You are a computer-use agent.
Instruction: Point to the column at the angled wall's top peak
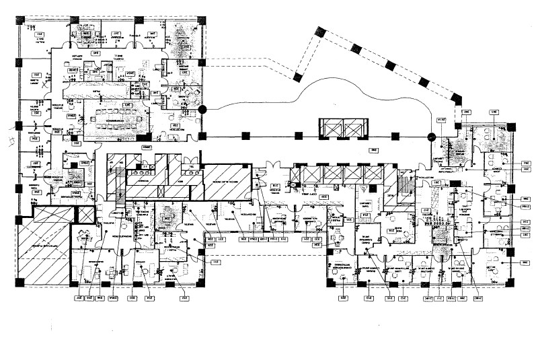click(x=318, y=31)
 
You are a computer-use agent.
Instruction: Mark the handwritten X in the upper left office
click(x=44, y=85)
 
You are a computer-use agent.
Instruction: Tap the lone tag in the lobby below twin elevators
click(x=374, y=150)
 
